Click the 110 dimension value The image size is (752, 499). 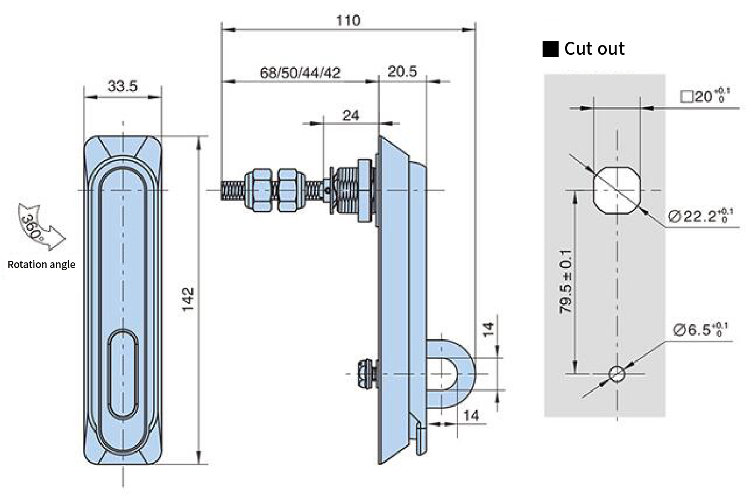coord(348,20)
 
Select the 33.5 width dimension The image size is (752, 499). coord(123,86)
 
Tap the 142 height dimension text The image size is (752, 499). coord(189,299)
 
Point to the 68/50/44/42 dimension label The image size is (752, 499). coord(300,73)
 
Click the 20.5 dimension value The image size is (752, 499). coord(402,72)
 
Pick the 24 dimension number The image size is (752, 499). coord(351,115)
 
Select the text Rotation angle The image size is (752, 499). coord(41,264)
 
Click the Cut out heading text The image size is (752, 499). coord(594,49)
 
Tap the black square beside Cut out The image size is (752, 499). coord(550,49)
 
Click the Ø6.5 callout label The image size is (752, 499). coord(700,330)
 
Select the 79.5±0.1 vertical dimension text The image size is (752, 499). coord(566,282)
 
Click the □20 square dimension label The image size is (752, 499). coord(705,96)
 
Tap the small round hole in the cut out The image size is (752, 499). coord(617,374)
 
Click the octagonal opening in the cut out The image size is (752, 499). coord(617,190)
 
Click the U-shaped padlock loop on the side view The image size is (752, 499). coord(468,374)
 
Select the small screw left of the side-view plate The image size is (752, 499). coord(368,374)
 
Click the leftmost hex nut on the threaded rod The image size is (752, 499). coord(258,190)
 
